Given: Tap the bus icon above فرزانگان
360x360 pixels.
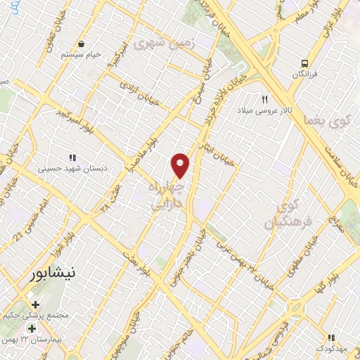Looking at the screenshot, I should click(x=304, y=62).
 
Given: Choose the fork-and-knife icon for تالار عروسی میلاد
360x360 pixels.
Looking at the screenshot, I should click(x=266, y=99).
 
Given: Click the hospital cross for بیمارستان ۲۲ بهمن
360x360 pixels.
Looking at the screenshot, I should click(x=31, y=328).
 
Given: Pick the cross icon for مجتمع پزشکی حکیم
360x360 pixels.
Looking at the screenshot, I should click(x=35, y=305).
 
